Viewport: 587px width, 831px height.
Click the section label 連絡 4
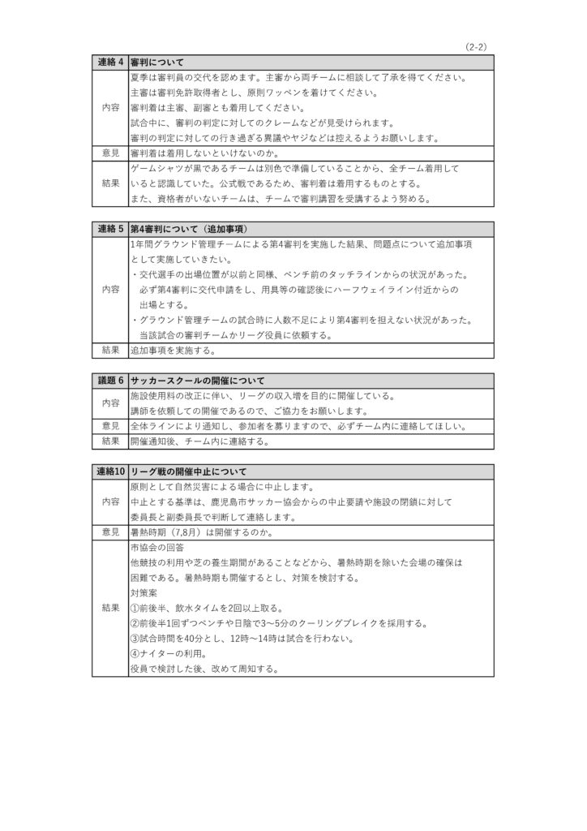109,62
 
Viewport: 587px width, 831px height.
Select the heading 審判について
157,62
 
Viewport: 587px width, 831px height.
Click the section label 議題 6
109,381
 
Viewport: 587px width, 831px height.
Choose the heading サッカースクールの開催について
198,381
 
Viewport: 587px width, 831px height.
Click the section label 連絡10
109,471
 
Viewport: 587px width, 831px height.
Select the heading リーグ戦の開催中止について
188,471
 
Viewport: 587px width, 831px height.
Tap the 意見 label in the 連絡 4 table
109,153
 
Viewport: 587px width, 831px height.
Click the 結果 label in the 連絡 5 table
109,350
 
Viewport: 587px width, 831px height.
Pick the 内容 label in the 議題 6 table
109,403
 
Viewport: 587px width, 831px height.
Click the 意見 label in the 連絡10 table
109,532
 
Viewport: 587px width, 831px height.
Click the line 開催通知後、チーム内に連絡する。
199,442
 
